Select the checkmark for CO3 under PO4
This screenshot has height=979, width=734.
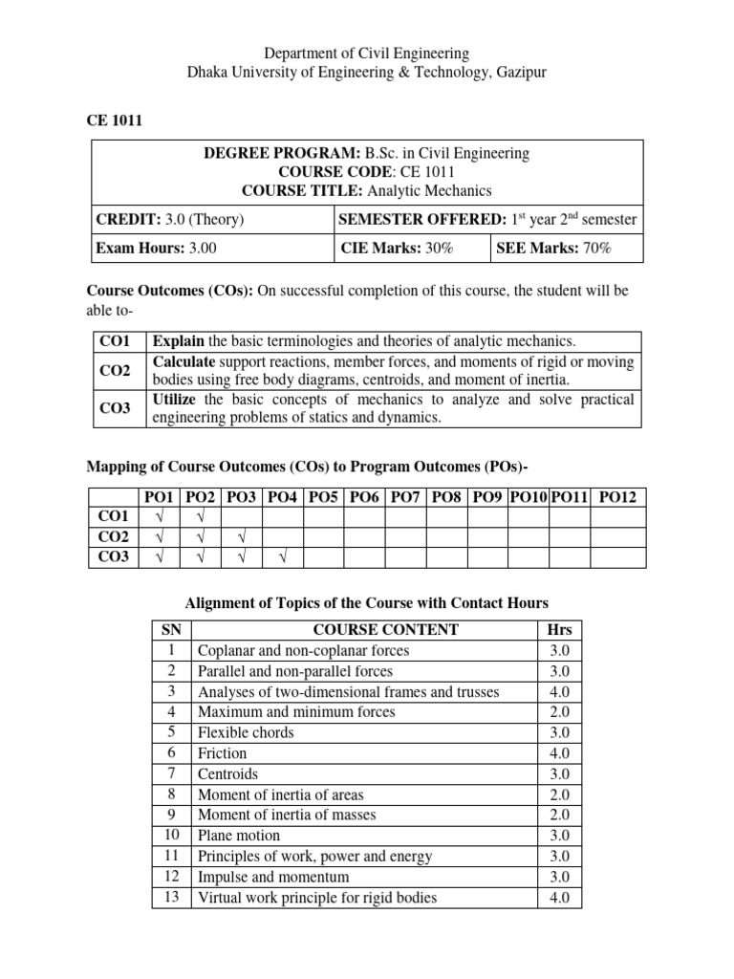(x=283, y=557)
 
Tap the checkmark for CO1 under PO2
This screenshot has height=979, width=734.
(x=201, y=517)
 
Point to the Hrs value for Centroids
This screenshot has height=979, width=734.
(x=559, y=773)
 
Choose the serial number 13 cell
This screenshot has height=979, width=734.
(x=172, y=897)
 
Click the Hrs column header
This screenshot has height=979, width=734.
(x=559, y=629)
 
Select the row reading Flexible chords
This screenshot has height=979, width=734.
(x=246, y=732)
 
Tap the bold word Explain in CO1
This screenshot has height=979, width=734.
(x=179, y=341)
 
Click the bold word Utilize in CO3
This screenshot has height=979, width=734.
(x=177, y=399)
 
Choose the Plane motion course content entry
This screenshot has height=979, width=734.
(x=238, y=835)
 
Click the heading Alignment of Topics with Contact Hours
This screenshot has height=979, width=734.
(x=366, y=602)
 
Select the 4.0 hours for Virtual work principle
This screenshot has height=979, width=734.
(x=559, y=897)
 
